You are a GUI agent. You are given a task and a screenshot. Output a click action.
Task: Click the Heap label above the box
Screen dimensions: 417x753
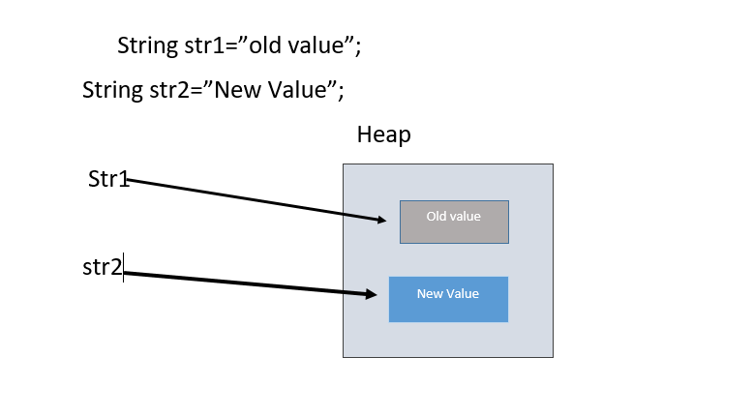tap(383, 134)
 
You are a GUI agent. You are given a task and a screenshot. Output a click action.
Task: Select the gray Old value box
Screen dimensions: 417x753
tap(454, 222)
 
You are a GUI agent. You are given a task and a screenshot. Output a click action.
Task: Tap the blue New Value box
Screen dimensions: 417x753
tap(448, 299)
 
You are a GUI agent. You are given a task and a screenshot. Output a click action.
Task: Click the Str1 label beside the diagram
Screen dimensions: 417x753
tap(108, 179)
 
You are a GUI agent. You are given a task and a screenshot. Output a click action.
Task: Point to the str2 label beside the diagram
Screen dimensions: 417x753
tap(103, 267)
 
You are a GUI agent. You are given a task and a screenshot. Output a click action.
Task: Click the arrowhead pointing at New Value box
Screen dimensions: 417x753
tap(371, 294)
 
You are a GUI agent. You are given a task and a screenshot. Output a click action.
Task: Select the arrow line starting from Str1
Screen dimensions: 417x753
tap(252, 199)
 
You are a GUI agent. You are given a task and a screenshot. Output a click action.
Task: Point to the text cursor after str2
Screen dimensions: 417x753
tap(124, 267)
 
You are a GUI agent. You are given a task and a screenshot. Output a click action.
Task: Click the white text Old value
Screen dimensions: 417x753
tap(454, 216)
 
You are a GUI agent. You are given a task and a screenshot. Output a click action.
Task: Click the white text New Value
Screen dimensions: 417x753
tap(448, 293)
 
